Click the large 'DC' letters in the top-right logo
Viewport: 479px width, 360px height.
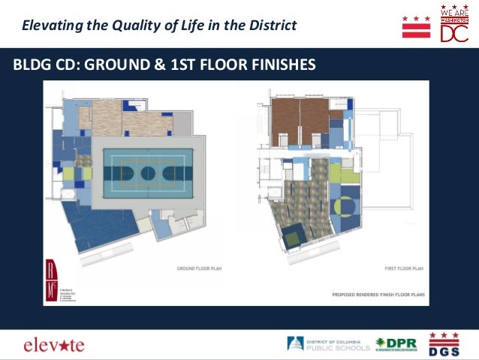tap(454, 33)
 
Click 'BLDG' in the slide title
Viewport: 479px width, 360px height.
tap(29, 65)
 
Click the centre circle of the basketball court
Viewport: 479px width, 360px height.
tap(148, 174)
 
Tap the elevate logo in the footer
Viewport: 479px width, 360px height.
tap(54, 346)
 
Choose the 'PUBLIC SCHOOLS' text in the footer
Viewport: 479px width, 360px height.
tap(339, 348)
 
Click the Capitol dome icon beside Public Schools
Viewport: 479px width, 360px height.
tap(296, 344)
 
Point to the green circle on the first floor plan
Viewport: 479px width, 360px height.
tap(348, 205)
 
